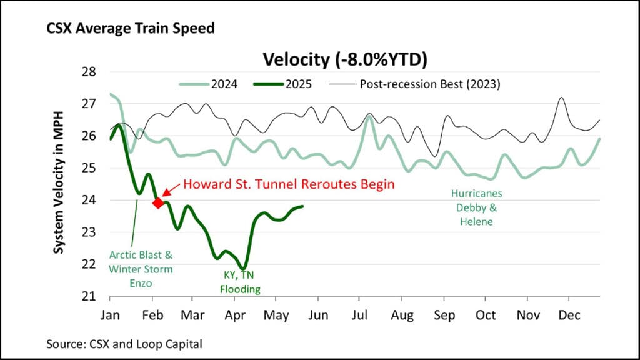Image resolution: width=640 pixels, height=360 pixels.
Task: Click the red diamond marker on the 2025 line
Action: click(158, 202)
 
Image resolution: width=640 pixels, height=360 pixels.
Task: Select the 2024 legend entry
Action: click(209, 84)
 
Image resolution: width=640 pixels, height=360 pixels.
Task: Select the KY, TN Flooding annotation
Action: click(234, 282)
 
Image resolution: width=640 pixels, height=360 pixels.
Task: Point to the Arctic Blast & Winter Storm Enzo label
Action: click(141, 269)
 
